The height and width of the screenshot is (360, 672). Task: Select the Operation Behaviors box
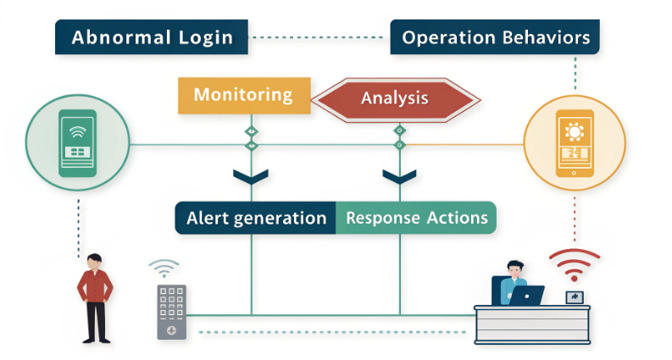pyautogui.click(x=495, y=37)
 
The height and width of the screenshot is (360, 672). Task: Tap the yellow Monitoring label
pyautogui.click(x=242, y=95)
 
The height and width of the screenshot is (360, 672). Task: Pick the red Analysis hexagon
pyautogui.click(x=395, y=98)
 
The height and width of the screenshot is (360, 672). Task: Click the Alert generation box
pyautogui.click(x=255, y=218)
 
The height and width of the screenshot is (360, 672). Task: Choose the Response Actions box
pyautogui.click(x=416, y=218)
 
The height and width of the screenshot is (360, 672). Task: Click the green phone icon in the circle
pyautogui.click(x=77, y=142)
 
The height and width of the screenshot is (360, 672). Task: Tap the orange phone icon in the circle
pyautogui.click(x=575, y=143)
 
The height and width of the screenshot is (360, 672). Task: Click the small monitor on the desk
pyautogui.click(x=575, y=296)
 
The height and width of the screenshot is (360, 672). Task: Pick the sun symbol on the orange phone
pyautogui.click(x=575, y=131)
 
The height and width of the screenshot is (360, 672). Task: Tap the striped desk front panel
pyautogui.click(x=531, y=325)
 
